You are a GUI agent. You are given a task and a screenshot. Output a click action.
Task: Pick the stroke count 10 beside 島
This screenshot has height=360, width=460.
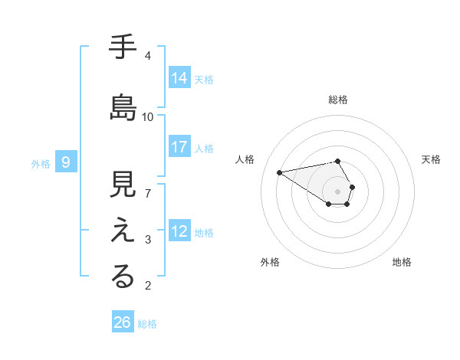coord(148,117)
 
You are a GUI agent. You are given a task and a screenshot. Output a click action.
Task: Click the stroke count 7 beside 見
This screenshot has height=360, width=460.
coord(148,193)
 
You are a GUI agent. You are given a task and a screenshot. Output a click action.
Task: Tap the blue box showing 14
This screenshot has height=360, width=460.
coord(179,77)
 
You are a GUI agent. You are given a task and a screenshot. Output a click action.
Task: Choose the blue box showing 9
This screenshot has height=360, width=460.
coord(66,162)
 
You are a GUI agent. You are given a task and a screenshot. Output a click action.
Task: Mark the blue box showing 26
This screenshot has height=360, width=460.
coord(122,322)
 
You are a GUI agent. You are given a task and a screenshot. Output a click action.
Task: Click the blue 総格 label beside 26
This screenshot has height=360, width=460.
coord(147,324)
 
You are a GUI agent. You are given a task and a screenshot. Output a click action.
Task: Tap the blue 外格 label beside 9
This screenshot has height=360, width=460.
coord(41,163)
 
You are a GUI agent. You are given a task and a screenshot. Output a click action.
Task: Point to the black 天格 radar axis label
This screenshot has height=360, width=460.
coord(431,159)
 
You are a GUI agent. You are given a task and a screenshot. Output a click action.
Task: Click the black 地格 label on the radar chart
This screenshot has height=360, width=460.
coord(402,262)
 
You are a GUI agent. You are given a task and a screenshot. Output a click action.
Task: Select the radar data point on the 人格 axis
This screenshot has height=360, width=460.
coord(280,172)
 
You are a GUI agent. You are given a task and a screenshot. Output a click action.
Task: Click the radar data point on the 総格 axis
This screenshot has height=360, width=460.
coord(337,161)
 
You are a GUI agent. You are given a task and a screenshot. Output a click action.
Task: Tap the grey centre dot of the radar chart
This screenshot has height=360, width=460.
coord(337,191)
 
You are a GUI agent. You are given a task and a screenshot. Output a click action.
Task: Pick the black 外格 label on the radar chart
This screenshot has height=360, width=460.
coord(270,262)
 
